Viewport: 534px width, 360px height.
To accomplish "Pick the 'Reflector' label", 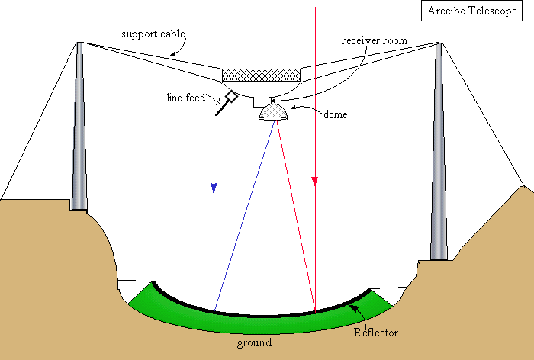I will click(x=375, y=333).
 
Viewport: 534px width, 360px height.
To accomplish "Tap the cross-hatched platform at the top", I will click(x=261, y=75).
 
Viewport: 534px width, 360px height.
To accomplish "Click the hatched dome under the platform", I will click(x=274, y=113).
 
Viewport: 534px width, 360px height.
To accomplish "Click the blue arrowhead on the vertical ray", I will click(x=214, y=188).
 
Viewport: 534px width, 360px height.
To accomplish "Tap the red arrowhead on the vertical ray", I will click(x=314, y=181).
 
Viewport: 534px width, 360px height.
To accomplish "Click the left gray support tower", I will click(x=79, y=130).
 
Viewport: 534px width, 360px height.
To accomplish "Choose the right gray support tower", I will click(x=439, y=153).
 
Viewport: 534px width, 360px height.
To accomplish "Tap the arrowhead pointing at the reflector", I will click(x=353, y=307).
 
